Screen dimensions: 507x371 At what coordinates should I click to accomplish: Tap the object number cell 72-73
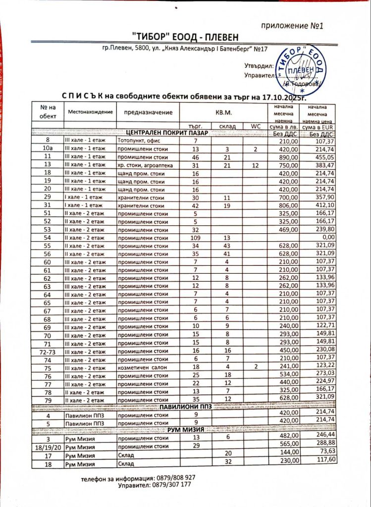click(x=48, y=351)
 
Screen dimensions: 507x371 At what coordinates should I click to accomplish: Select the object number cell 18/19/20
click(x=48, y=447)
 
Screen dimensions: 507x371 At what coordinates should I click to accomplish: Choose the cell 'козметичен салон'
click(x=142, y=367)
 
